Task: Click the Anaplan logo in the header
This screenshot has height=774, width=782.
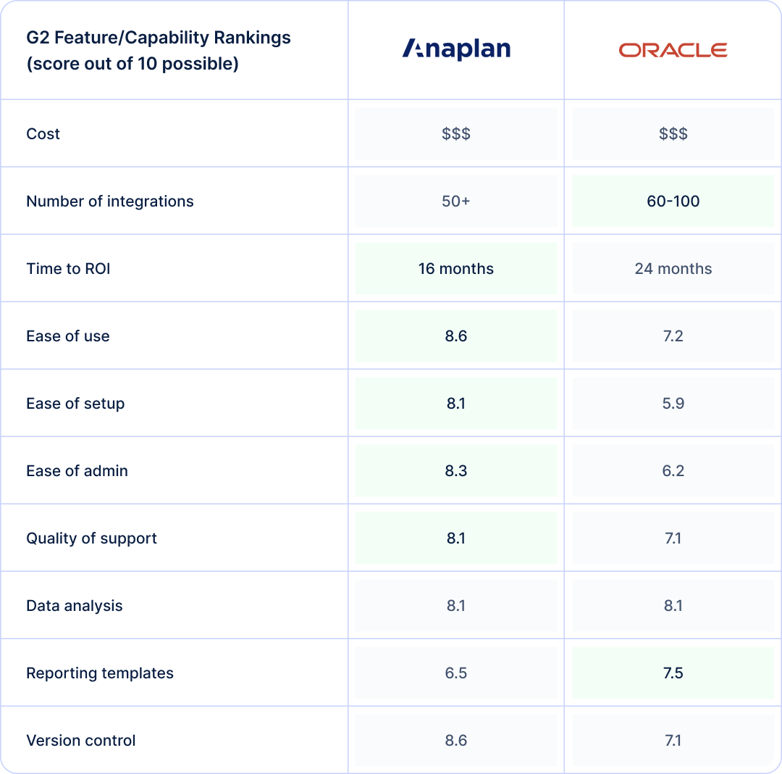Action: pyautogui.click(x=456, y=49)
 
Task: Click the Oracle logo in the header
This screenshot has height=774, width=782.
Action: pyautogui.click(x=673, y=50)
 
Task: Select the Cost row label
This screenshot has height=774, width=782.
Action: pyautogui.click(x=43, y=134)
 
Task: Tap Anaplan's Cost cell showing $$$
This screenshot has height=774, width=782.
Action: pyautogui.click(x=456, y=134)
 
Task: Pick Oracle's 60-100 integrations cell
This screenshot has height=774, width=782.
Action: pyautogui.click(x=673, y=201)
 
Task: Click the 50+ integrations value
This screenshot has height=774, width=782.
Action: pyautogui.click(x=456, y=201)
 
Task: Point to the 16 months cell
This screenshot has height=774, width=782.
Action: pyautogui.click(x=456, y=269)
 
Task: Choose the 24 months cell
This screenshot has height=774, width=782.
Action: pyautogui.click(x=673, y=269)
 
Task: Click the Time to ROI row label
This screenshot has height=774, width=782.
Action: pyautogui.click(x=68, y=269)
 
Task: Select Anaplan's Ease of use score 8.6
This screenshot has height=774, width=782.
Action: pyautogui.click(x=456, y=336)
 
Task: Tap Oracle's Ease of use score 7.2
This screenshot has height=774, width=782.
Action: pyautogui.click(x=673, y=336)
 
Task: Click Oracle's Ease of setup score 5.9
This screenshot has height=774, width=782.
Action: pyautogui.click(x=673, y=404)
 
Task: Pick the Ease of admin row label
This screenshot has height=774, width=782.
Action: pyautogui.click(x=77, y=471)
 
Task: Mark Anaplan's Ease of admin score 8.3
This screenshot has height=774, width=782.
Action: pyautogui.click(x=456, y=471)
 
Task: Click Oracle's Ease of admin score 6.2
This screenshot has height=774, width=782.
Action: pyautogui.click(x=673, y=471)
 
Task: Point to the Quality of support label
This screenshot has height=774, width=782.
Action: pyautogui.click(x=91, y=538)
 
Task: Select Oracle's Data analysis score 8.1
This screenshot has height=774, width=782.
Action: pyautogui.click(x=673, y=606)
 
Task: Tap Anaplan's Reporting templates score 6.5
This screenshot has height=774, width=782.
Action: pyautogui.click(x=456, y=673)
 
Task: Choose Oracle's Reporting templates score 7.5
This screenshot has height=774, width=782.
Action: pyautogui.click(x=673, y=673)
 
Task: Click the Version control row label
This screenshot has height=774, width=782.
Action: pyautogui.click(x=81, y=741)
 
